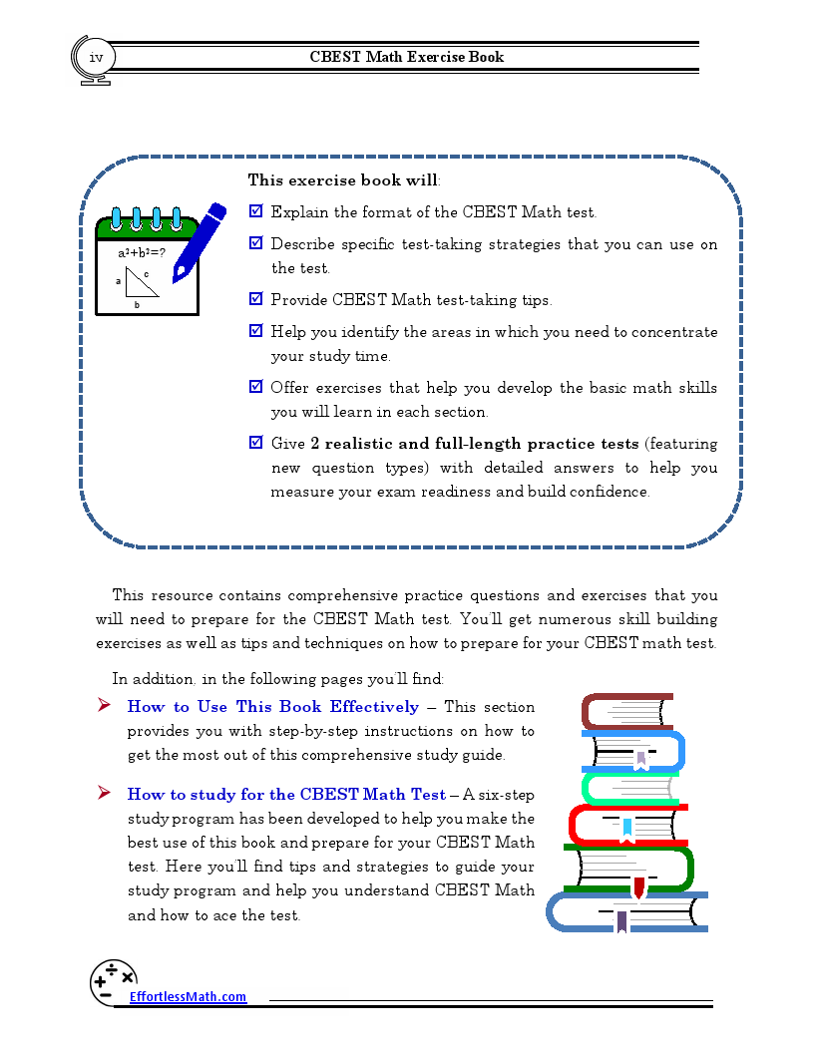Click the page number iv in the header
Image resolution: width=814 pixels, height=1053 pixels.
[x=96, y=57]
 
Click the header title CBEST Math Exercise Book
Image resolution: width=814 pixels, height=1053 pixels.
[x=407, y=57]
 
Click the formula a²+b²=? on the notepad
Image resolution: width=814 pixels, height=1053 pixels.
[x=142, y=253]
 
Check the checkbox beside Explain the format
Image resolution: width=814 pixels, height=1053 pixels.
[x=255, y=211]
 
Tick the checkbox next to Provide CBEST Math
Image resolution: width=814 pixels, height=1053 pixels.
[x=255, y=299]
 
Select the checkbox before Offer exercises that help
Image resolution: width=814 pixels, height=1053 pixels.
[x=255, y=387]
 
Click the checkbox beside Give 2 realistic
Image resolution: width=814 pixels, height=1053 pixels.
[x=255, y=443]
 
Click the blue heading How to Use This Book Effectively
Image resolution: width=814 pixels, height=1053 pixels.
[x=272, y=707]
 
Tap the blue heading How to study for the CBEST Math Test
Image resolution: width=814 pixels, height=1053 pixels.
[x=286, y=795]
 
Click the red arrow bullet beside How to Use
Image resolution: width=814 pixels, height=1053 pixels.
[x=103, y=706]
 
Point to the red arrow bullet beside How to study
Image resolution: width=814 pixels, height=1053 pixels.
[x=103, y=794]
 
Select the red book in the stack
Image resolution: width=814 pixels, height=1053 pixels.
[x=618, y=824]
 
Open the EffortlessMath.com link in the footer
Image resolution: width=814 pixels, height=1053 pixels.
[x=188, y=997]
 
